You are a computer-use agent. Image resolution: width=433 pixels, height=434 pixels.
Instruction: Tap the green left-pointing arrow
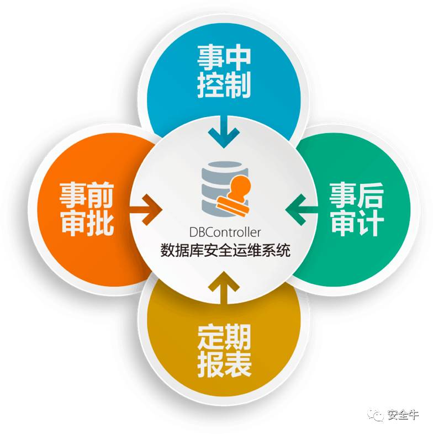tap(302, 209)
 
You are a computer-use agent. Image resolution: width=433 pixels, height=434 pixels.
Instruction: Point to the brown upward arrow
tap(224, 288)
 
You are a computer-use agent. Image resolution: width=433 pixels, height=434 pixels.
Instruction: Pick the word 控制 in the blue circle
tap(224, 86)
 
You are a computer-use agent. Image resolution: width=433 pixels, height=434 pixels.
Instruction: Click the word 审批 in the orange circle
tap(87, 224)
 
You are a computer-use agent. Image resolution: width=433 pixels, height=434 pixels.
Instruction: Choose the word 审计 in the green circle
tap(357, 224)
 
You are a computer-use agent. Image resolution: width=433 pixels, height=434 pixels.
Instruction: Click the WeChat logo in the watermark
tap(377, 415)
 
